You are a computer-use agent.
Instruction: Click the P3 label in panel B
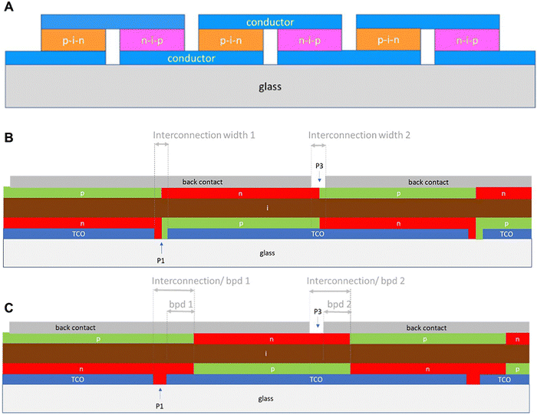319,165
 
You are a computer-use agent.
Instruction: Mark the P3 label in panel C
317,311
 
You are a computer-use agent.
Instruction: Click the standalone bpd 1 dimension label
180,304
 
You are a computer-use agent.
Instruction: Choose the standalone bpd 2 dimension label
339,304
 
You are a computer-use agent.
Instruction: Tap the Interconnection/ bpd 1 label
202,281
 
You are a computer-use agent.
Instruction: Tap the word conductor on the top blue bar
269,21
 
